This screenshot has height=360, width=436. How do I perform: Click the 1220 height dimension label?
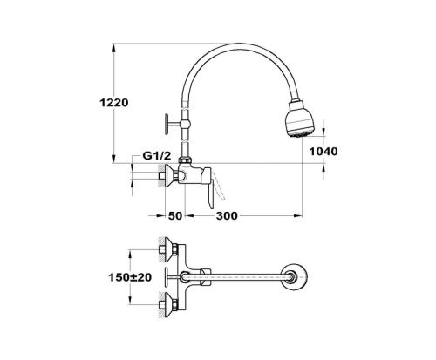pyautogui.click(x=113, y=103)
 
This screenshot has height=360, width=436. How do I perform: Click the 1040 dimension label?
pyautogui.click(x=324, y=152)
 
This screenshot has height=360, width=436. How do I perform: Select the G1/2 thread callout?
pyautogui.click(x=157, y=156)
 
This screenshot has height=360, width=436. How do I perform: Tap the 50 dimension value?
pyautogui.click(x=175, y=216)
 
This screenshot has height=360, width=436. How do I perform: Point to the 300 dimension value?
pyautogui.click(x=227, y=216)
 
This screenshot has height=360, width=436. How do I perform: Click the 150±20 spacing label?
pyautogui.click(x=130, y=277)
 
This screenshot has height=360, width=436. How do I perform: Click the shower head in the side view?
pyautogui.click(x=298, y=119)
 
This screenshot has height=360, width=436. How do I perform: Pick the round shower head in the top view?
pyautogui.click(x=295, y=277)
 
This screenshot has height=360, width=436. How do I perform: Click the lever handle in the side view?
pyautogui.click(x=209, y=187)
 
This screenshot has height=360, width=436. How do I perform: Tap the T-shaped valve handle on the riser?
pyautogui.click(x=172, y=125)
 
